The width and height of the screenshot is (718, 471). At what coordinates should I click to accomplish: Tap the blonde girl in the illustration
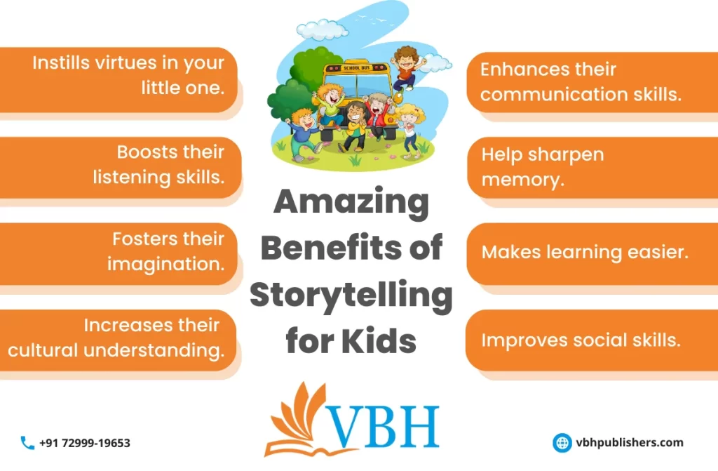pyautogui.click(x=408, y=126)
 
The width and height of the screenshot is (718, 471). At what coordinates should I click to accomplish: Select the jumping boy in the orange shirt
pyautogui.click(x=405, y=67)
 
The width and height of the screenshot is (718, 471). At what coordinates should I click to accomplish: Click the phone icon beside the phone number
pyautogui.click(x=27, y=443)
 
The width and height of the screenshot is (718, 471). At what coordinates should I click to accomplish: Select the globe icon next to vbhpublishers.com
pyautogui.click(x=562, y=442)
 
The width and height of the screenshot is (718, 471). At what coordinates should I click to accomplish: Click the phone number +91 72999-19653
pyautogui.click(x=85, y=443)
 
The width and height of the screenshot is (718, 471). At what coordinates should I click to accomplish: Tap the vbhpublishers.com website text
pyautogui.click(x=629, y=442)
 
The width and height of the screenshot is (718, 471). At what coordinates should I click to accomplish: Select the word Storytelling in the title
pyautogui.click(x=351, y=296)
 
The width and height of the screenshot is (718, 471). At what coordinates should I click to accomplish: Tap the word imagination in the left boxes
pyautogui.click(x=166, y=264)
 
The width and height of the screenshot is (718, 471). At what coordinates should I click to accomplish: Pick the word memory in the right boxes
pyautogui.click(x=522, y=179)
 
